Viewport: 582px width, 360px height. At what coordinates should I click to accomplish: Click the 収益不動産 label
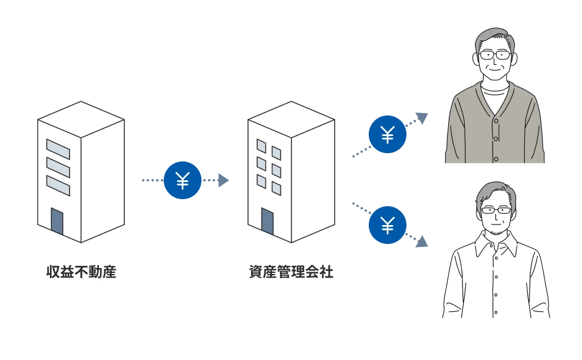pyautogui.click(x=81, y=273)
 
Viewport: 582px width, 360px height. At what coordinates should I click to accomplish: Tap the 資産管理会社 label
pyautogui.click(x=291, y=273)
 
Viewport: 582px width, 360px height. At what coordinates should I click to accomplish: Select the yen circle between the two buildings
pyautogui.click(x=183, y=181)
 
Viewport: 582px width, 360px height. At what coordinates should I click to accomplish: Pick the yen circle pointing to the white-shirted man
pyautogui.click(x=387, y=224)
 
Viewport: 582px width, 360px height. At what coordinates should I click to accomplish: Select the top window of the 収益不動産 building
pyautogui.click(x=58, y=149)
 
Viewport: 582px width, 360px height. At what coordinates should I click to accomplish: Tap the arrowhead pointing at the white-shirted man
pyautogui.click(x=422, y=242)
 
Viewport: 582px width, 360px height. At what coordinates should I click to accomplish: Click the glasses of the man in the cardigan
pyautogui.click(x=494, y=55)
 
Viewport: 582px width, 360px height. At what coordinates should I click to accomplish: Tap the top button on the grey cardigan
pyautogui.click(x=495, y=121)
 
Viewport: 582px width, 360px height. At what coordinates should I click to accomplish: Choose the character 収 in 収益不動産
pyautogui.click(x=53, y=273)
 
